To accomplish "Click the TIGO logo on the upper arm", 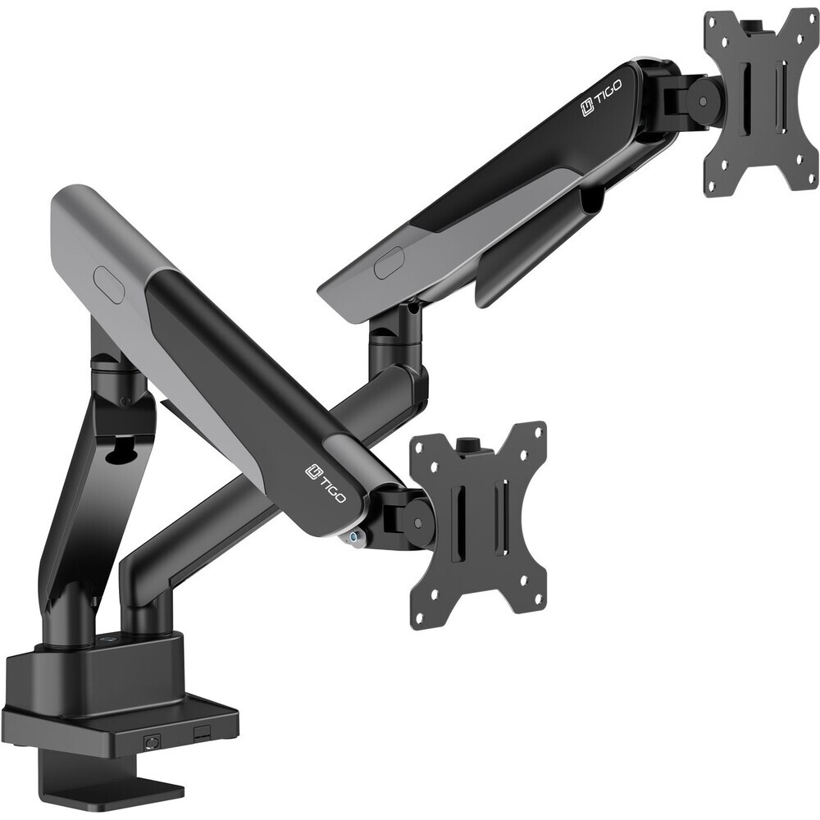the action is [x=600, y=105].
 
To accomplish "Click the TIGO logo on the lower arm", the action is [x=325, y=484].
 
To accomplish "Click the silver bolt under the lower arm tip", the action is [x=356, y=536].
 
